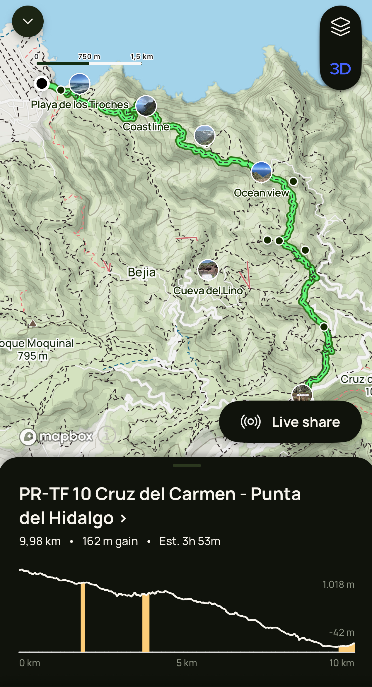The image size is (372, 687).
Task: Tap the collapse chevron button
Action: click(x=28, y=21)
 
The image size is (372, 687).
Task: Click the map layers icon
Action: click(x=340, y=27)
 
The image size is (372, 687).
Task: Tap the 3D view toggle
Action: click(x=340, y=69)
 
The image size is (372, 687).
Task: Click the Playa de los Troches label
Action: click(x=80, y=104)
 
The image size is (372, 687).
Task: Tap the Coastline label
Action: click(x=146, y=127)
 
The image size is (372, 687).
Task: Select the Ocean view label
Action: click(x=261, y=193)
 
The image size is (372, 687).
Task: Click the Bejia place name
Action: click(x=141, y=272)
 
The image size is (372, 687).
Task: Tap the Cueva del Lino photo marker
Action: click(x=208, y=270)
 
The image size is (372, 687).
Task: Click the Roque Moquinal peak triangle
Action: click(x=33, y=323)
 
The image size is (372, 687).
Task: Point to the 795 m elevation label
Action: click(x=33, y=356)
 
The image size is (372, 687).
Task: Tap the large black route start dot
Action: click(x=42, y=83)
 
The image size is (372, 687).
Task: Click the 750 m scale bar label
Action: click(x=89, y=56)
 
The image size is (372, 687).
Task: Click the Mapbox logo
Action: click(x=57, y=437)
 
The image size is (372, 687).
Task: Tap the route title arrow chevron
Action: click(x=124, y=519)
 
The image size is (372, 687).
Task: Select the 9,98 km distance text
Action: click(x=40, y=541)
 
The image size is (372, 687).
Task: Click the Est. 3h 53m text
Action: click(x=190, y=541)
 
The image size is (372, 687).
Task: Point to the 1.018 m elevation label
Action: click(x=338, y=585)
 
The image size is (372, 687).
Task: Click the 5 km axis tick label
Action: click(x=187, y=663)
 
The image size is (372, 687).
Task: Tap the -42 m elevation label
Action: click(x=342, y=632)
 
